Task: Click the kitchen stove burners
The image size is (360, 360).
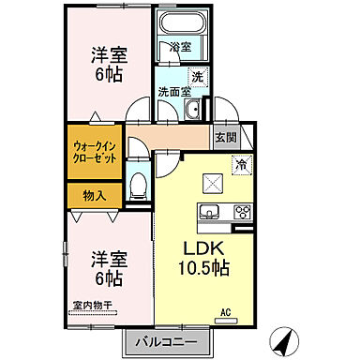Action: point(241,210)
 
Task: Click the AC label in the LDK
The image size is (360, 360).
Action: point(225,311)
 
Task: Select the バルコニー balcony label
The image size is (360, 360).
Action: point(170,341)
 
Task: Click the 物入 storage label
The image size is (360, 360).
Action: point(95,195)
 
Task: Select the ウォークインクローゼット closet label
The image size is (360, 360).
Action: point(96,153)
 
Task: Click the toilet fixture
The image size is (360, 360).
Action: point(139,183)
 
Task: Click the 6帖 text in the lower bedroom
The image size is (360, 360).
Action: point(106,277)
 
